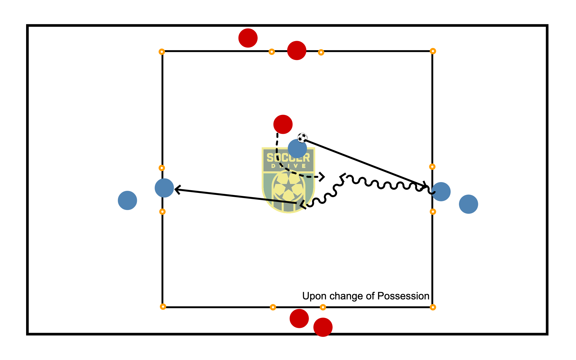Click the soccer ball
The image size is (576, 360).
tap(302, 138)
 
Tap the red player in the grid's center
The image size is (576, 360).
tap(283, 124)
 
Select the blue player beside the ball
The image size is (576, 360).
tap(297, 148)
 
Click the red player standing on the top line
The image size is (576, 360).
tap(296, 50)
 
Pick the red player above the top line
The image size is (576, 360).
tap(248, 38)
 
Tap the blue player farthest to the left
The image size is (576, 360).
tap(127, 200)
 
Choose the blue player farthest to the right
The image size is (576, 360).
tap(468, 204)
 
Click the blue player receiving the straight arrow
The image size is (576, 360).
tap(164, 188)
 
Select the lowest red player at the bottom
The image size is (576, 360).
tap(323, 327)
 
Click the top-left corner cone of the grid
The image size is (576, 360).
tap(162, 52)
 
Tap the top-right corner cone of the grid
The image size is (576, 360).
tap(433, 51)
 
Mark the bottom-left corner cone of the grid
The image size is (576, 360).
tap(163, 307)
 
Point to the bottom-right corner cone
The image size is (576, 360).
tap(433, 307)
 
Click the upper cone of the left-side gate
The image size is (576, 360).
tap(162, 168)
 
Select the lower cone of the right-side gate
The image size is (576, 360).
tap(433, 212)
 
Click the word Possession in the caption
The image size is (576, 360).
tap(403, 296)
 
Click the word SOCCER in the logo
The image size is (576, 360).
tap(288, 157)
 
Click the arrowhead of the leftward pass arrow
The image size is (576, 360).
tap(177, 190)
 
